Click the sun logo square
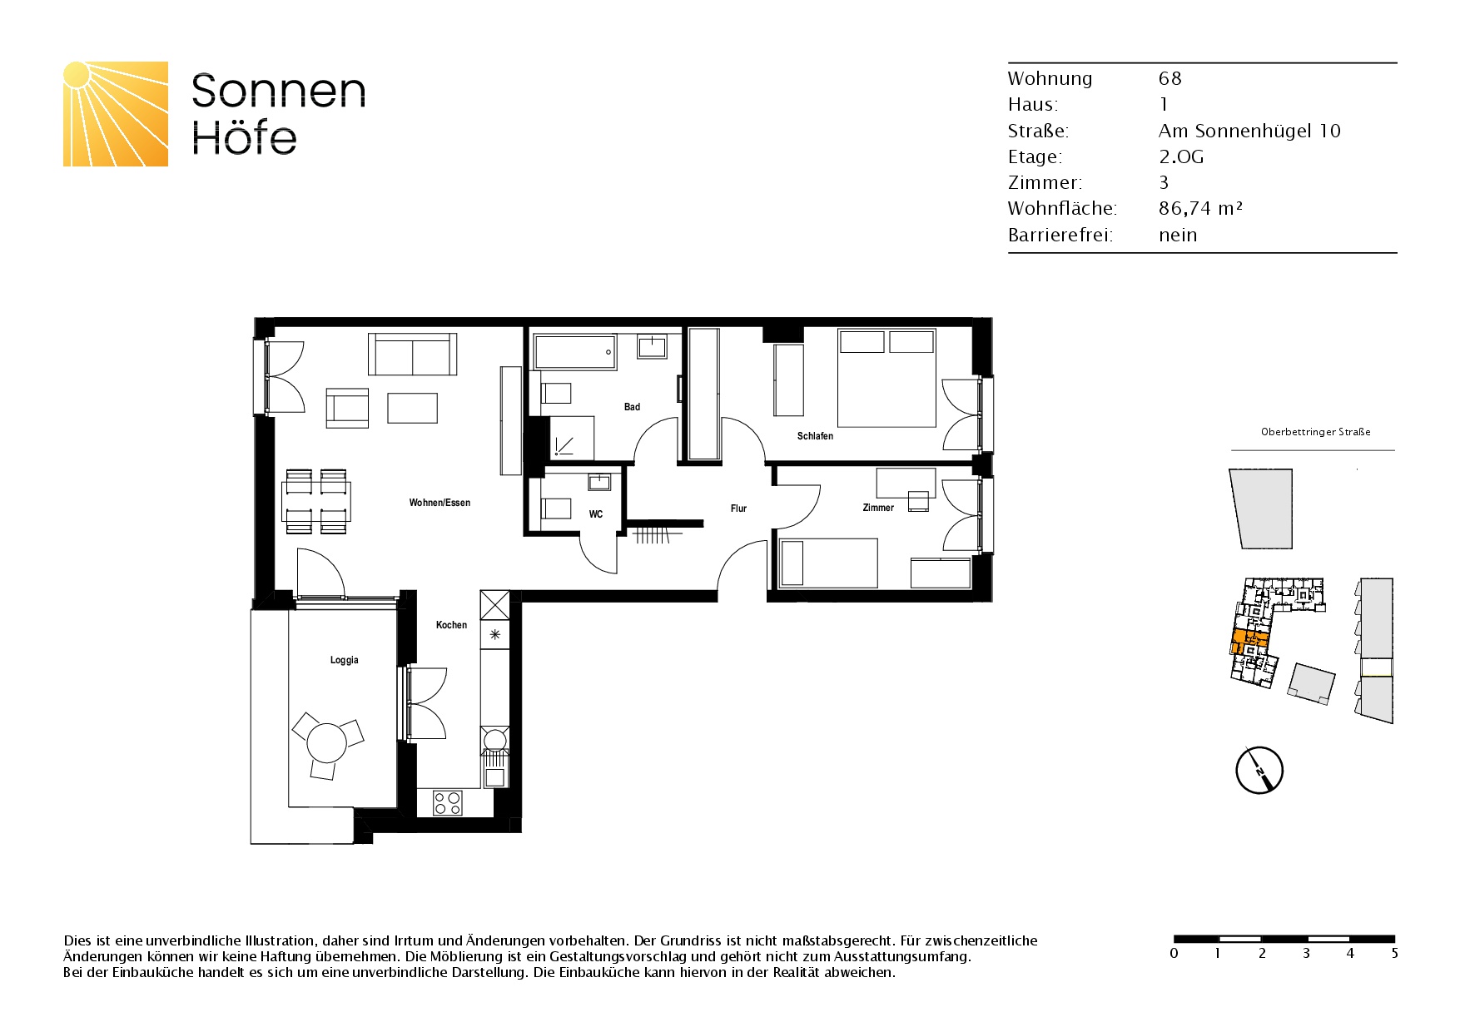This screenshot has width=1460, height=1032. (116, 114)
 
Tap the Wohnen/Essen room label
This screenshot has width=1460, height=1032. (439, 503)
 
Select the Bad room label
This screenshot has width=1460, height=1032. (633, 407)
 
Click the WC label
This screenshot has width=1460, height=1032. (596, 514)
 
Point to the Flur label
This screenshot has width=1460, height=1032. (738, 509)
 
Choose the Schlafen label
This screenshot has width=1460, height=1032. (815, 436)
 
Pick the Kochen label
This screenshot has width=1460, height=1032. (452, 625)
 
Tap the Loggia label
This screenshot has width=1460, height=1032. (345, 661)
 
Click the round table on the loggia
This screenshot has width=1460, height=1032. (326, 742)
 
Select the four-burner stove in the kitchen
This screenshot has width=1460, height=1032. (448, 803)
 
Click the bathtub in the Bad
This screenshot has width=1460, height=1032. (574, 352)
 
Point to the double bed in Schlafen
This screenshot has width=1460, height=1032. (886, 378)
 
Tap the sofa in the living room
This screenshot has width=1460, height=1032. (413, 354)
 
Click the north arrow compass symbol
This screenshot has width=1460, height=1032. (1259, 770)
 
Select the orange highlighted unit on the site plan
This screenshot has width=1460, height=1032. (1249, 643)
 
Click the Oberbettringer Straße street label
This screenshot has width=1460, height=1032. (1315, 432)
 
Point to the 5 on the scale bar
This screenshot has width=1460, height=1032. (1395, 953)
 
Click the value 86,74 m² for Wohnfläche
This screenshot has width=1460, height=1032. (1200, 209)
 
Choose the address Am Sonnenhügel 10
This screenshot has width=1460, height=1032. (1249, 131)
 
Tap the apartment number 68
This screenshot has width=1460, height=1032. (1170, 78)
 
